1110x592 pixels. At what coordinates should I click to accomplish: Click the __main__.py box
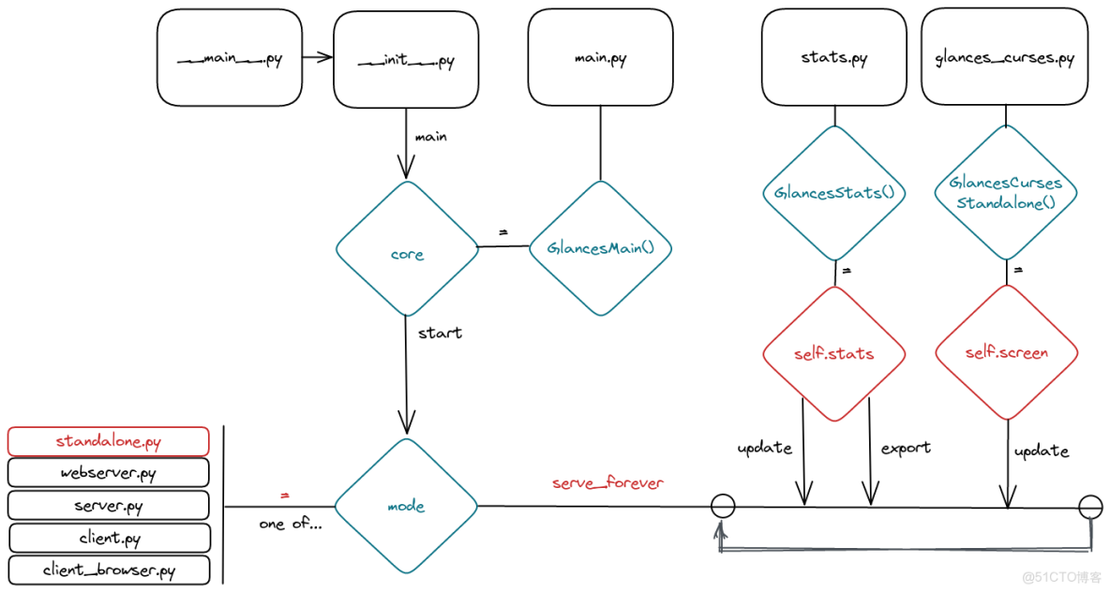tap(230, 58)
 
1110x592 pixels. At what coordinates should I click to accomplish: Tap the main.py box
tap(600, 58)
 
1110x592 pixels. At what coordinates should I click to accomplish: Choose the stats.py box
tap(833, 58)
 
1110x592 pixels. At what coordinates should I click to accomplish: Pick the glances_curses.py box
tap(1004, 58)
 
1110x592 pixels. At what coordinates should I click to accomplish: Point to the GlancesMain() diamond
tap(600, 248)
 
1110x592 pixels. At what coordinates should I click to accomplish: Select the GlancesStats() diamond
tap(834, 193)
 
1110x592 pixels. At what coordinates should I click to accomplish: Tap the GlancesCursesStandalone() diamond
tap(1006, 193)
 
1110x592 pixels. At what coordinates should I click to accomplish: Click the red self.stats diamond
tap(833, 353)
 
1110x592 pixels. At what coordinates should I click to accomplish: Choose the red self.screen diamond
tap(1006, 352)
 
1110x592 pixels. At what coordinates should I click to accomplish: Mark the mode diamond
tap(406, 507)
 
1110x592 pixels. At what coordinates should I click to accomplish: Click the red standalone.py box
tap(109, 441)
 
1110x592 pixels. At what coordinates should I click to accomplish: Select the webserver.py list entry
tap(109, 473)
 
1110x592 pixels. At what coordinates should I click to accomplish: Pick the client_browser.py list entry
tap(109, 570)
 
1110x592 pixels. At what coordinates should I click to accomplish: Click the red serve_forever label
tap(607, 483)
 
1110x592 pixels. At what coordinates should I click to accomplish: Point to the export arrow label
tap(906, 448)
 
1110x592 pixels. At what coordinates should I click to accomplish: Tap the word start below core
tap(440, 333)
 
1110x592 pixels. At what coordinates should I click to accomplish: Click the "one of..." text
tap(291, 524)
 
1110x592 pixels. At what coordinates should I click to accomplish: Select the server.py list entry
tap(109, 506)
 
